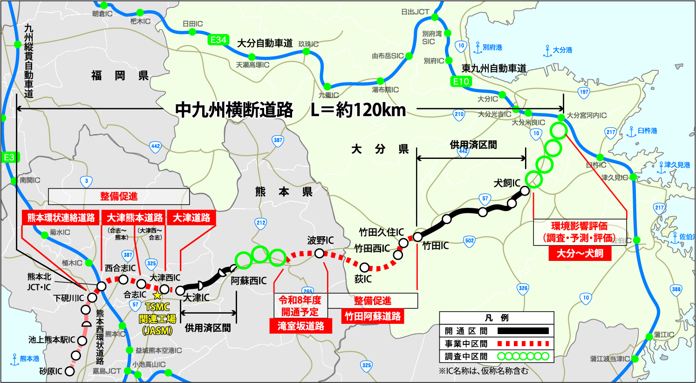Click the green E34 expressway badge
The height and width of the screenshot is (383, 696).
click(218, 40)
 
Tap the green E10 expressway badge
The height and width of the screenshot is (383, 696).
click(461, 81)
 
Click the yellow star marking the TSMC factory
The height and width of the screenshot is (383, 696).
click(157, 295)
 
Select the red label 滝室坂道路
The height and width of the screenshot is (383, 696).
click(301, 326)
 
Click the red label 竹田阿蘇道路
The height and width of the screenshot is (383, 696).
click(373, 316)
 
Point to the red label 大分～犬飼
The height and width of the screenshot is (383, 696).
click(580, 253)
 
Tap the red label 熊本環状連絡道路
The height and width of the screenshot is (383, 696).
click(61, 218)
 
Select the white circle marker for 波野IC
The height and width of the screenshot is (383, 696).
click(320, 253)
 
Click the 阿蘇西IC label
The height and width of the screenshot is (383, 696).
click(249, 280)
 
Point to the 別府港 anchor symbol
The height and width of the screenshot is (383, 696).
click(478, 48)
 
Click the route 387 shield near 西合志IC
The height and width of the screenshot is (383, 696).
click(128, 255)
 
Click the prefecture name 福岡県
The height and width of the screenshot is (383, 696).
click(120, 75)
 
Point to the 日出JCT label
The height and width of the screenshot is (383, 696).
click(415, 12)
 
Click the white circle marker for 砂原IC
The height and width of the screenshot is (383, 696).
click(70, 371)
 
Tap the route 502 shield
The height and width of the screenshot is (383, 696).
click(470, 240)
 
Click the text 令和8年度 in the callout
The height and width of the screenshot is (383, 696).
click(300, 300)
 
